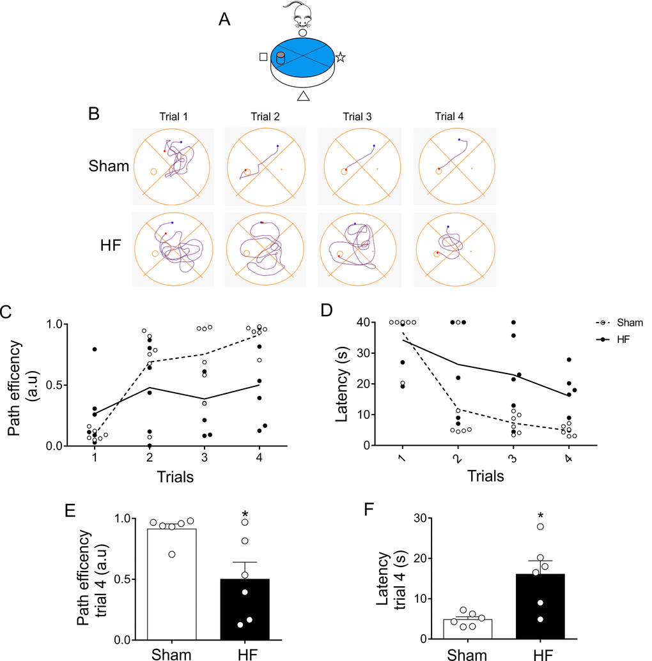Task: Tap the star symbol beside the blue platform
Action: pyautogui.click(x=341, y=57)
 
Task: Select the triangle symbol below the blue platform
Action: pyautogui.click(x=304, y=96)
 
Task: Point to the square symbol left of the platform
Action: pyautogui.click(x=263, y=57)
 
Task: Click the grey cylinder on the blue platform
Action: pyautogui.click(x=281, y=59)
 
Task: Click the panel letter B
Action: pyautogui.click(x=94, y=116)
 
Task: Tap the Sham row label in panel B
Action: pyautogui.click(x=109, y=167)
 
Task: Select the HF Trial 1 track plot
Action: pyautogui.click(x=173, y=246)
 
